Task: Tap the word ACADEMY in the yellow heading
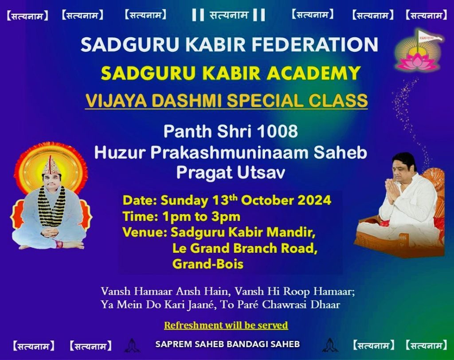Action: (x=313, y=73)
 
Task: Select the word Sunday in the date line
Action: (x=184, y=200)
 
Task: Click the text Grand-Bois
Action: (x=208, y=264)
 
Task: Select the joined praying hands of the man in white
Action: (x=392, y=191)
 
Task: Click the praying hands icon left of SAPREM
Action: (x=132, y=345)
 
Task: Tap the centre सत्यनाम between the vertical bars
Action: (x=229, y=15)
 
